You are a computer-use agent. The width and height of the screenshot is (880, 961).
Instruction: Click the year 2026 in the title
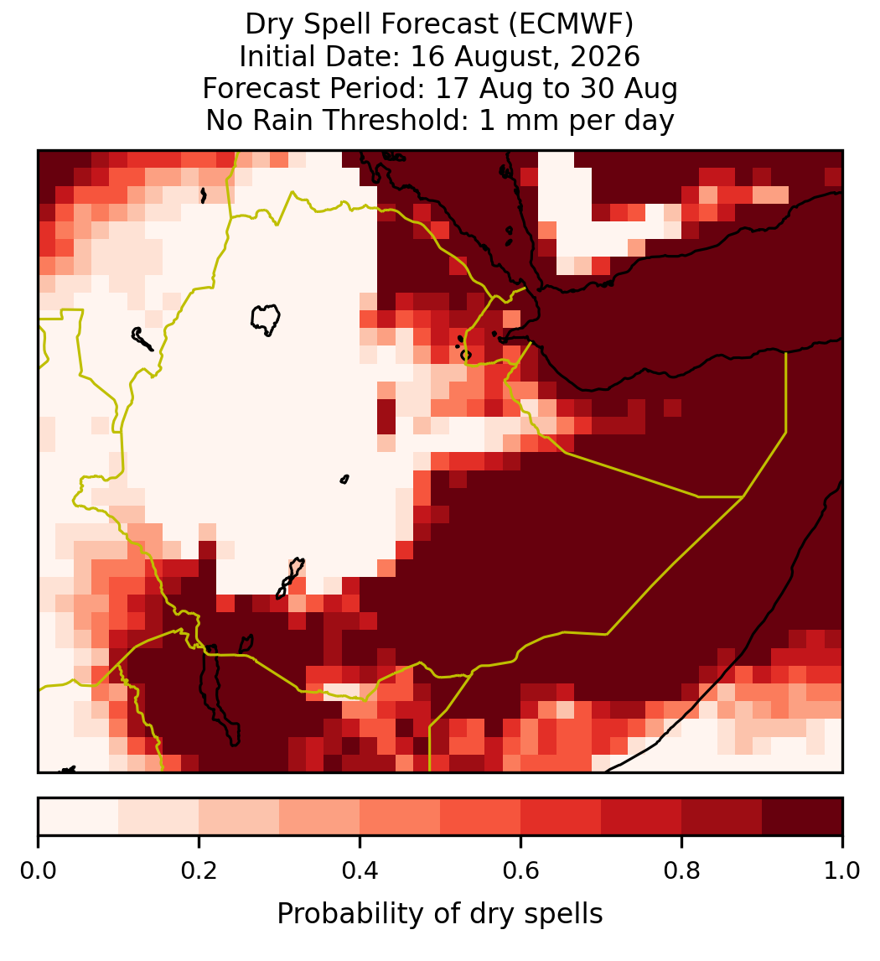point(605,56)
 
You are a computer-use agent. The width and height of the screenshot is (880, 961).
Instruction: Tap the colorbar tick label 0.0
point(38,871)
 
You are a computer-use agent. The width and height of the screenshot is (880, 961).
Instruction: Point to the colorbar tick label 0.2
point(199,871)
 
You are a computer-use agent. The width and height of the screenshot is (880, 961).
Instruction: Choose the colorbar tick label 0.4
point(360,871)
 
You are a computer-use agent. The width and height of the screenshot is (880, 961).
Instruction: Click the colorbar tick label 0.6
point(521,871)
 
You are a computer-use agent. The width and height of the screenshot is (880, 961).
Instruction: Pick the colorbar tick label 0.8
point(682,871)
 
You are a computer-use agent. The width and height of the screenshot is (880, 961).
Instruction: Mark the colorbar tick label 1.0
point(842,871)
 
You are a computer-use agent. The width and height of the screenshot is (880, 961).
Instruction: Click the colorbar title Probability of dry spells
point(440,914)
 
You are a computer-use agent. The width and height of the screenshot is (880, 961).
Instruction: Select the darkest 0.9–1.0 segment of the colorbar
point(803,817)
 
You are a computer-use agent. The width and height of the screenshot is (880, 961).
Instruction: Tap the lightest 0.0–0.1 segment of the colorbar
point(79,817)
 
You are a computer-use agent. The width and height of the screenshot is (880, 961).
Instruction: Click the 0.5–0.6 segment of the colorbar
point(481,817)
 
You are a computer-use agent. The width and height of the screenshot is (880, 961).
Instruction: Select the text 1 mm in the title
point(520,120)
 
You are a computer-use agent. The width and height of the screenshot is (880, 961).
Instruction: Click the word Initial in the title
point(277,56)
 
